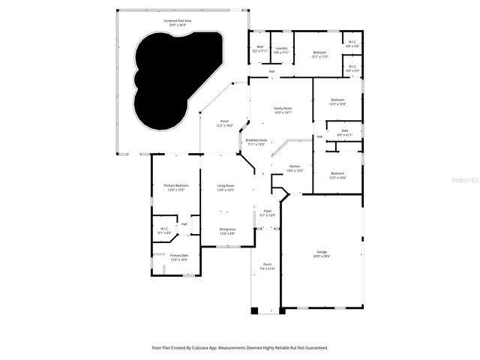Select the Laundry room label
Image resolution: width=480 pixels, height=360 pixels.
[x=281, y=50]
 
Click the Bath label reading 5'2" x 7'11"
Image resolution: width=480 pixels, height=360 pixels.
[x=259, y=50]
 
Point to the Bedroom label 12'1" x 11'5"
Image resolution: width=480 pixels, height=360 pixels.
[x=320, y=54]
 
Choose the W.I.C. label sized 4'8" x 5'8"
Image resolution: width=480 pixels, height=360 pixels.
[x=352, y=43]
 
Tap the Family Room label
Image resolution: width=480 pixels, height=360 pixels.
[x=283, y=110]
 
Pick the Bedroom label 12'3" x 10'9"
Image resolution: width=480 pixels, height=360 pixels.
[x=337, y=102]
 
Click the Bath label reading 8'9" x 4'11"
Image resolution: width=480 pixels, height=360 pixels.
[x=344, y=133]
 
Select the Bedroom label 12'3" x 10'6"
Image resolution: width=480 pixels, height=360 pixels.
[x=337, y=175]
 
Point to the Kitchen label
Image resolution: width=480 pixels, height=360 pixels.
[x=295, y=169]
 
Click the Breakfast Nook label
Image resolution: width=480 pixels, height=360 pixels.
[x=256, y=142]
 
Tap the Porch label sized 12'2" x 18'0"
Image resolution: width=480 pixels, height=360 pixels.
[x=223, y=124]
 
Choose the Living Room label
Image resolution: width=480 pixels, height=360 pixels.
[x=225, y=187]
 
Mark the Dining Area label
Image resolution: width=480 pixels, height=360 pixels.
[x=226, y=231]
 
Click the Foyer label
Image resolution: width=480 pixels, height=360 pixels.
[x=267, y=213]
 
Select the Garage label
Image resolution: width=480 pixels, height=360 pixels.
[x=321, y=255]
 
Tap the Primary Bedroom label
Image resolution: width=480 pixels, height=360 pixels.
[x=176, y=187]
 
